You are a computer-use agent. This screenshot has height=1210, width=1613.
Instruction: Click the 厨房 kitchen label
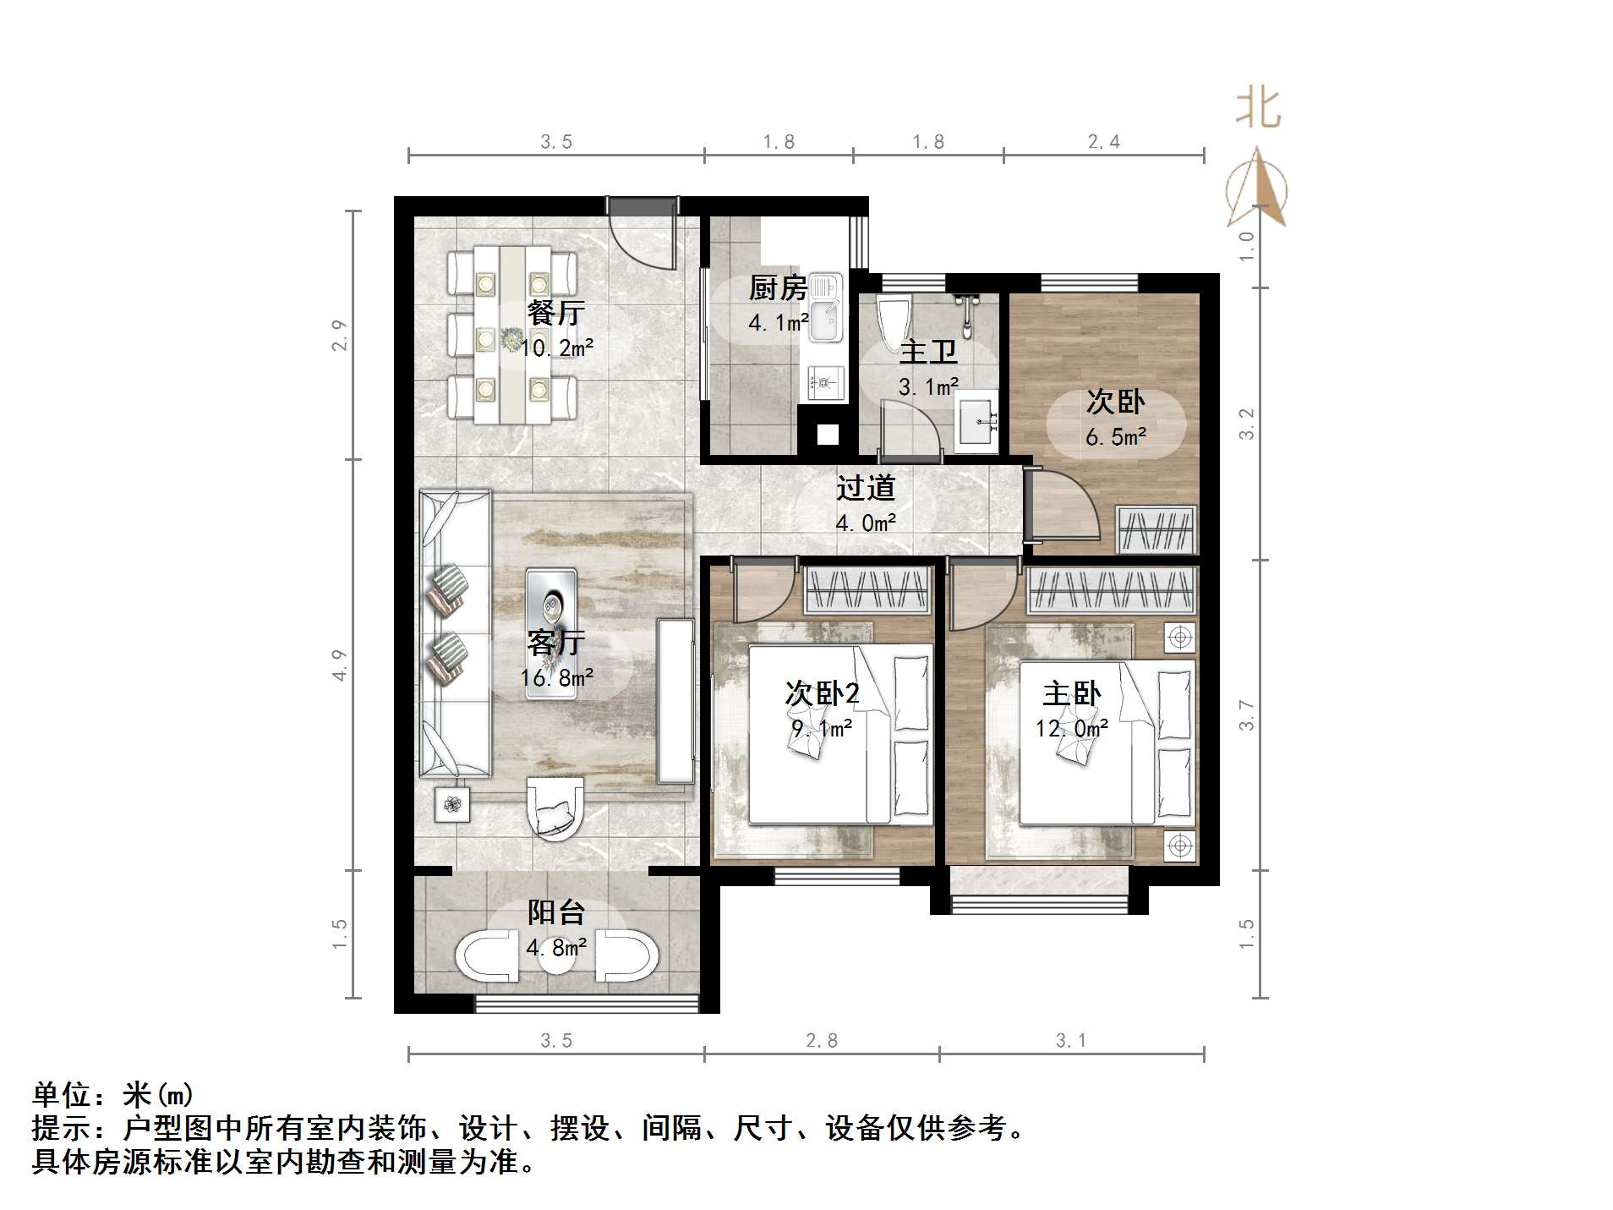point(777,288)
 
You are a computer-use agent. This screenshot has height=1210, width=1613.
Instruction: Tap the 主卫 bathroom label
point(927,352)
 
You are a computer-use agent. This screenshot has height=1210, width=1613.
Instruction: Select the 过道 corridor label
point(865,488)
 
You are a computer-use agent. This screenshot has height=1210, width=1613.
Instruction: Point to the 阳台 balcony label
point(555,912)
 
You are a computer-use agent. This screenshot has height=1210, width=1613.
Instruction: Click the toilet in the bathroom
point(892,322)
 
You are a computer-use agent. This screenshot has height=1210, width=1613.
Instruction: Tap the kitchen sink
point(824,308)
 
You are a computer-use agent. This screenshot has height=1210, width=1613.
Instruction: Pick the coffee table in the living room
point(551,633)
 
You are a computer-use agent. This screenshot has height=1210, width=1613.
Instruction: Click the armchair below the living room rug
point(555,809)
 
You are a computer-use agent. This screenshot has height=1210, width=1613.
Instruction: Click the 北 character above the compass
point(1258,109)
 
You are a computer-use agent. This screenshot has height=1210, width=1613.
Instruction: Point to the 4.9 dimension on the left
point(340,665)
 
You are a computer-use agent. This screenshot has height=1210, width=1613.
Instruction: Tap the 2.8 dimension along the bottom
point(821,1041)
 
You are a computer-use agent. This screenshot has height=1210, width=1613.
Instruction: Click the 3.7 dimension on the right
point(1247,715)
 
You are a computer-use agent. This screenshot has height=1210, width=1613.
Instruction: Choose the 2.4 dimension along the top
point(1103,142)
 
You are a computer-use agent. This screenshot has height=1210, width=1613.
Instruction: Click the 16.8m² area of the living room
point(556,677)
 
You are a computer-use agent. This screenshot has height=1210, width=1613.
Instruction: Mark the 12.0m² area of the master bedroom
point(1071,728)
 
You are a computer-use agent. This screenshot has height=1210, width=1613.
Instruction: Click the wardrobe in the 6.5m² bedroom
point(1156,529)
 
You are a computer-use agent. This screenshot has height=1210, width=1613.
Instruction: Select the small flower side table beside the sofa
point(452,805)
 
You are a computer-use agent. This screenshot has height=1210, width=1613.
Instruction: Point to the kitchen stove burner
point(823,385)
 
